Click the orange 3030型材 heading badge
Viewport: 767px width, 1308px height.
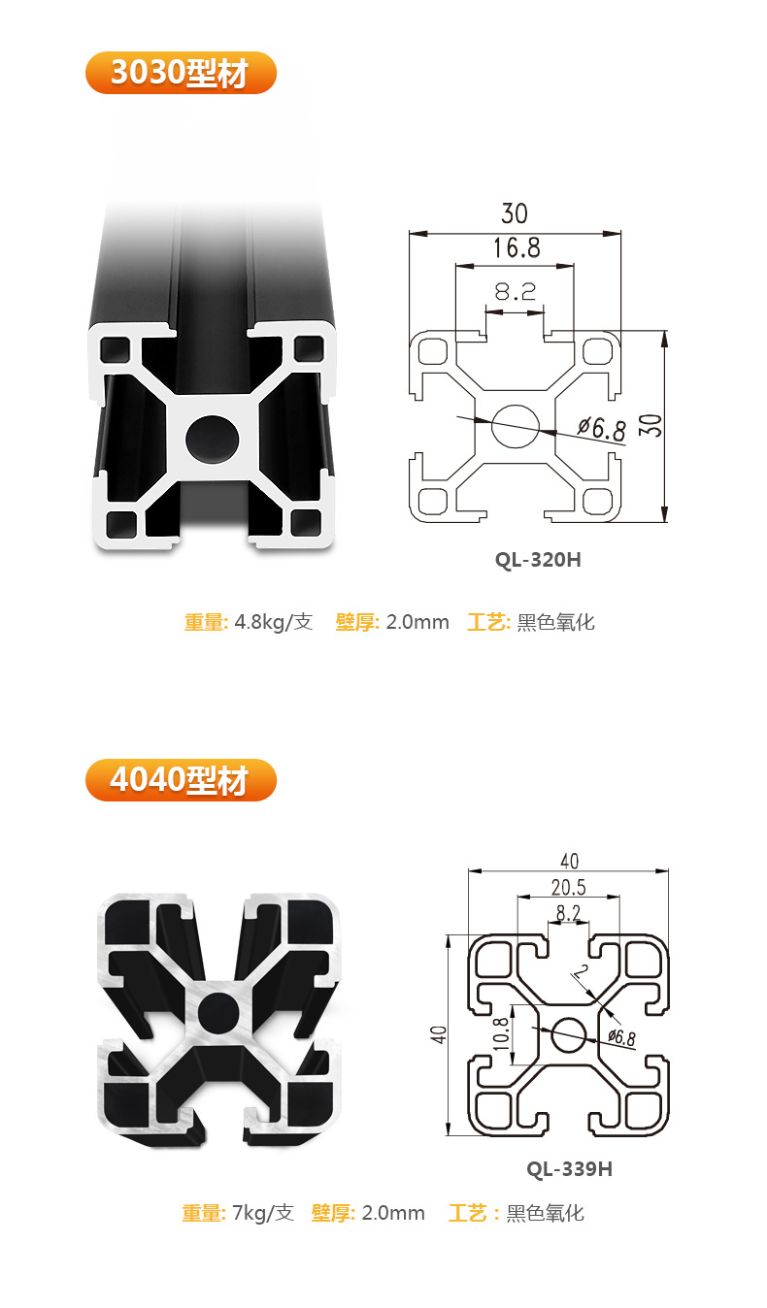(x=181, y=74)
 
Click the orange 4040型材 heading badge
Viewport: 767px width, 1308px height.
(x=181, y=780)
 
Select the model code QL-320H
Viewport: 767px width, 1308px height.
(x=537, y=559)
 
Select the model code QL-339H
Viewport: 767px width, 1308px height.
(x=569, y=1168)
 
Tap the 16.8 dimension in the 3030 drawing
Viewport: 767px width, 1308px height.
(x=516, y=247)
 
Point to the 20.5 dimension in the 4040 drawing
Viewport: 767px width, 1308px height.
(x=568, y=887)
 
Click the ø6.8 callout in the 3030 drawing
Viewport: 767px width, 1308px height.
(x=601, y=428)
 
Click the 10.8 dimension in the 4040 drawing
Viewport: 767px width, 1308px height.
(x=501, y=1034)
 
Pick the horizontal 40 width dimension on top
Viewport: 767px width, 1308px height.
(x=569, y=861)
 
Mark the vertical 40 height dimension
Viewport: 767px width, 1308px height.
(x=439, y=1034)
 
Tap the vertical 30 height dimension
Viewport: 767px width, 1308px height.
(x=653, y=425)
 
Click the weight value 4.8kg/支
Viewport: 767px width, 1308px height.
(x=274, y=622)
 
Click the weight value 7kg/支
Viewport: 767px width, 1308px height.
(x=262, y=1213)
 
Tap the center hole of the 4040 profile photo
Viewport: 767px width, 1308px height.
(x=218, y=1011)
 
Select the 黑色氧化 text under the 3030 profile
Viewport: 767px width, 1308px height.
(x=555, y=622)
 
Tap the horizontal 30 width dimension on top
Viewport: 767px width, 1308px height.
(x=515, y=213)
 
